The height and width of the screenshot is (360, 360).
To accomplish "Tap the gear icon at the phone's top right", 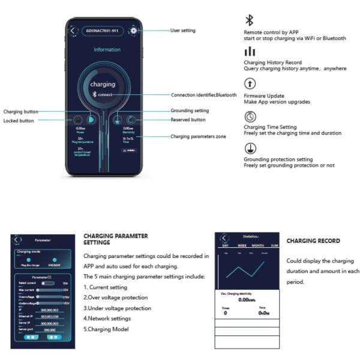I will point(133,31).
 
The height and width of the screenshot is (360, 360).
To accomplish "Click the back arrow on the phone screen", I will point(73,31).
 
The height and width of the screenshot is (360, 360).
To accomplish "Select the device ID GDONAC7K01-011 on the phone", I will point(103,31).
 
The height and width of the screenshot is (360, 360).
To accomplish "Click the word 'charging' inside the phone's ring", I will point(103,85).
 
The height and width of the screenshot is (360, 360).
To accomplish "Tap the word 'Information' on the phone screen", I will point(106,50).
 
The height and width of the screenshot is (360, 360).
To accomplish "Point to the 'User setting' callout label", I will point(183,31).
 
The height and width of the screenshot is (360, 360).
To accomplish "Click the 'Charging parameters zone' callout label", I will point(199,137).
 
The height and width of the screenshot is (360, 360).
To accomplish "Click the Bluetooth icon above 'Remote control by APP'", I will point(250,20).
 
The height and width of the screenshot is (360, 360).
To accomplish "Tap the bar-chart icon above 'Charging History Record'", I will point(250,53).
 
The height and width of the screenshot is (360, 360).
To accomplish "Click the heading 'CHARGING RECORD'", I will point(313,241).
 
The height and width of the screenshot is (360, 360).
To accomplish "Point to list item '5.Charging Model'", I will point(107,329).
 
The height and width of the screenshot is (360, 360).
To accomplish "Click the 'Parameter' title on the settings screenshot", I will point(43,239).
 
